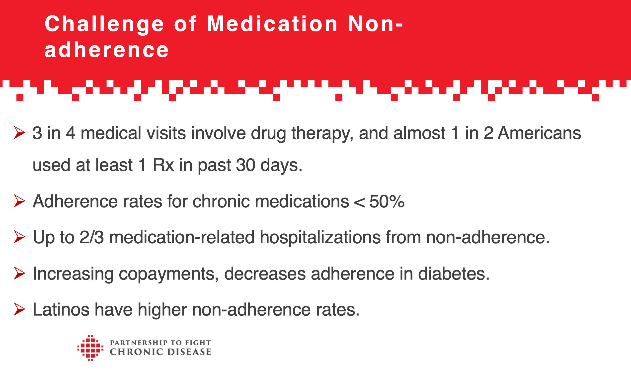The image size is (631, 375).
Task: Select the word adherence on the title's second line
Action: coord(106,50)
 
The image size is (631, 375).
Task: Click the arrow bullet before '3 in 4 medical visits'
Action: coord(19,133)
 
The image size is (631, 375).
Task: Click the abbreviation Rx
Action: coord(163,165)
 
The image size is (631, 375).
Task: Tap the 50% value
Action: coord(387,201)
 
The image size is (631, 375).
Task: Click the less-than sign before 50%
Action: coord(359,202)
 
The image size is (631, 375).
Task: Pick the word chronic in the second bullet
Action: coord(221,201)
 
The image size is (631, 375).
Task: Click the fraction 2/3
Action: coord(91,237)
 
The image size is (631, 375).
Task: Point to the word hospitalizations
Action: coord(320,237)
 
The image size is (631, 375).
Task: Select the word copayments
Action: coord(166,274)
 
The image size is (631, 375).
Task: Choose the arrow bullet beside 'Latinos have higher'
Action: coord(19,309)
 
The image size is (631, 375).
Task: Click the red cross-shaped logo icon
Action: coord(90,348)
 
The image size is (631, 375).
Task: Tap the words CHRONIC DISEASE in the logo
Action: coord(160,352)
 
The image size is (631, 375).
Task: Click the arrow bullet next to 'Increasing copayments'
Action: coord(19,273)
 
